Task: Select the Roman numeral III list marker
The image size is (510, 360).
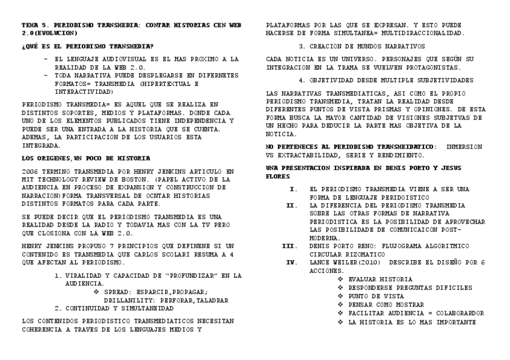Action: click(x=289, y=246)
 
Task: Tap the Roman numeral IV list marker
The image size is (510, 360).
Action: click(x=290, y=263)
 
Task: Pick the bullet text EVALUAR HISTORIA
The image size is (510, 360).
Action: click(x=380, y=279)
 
